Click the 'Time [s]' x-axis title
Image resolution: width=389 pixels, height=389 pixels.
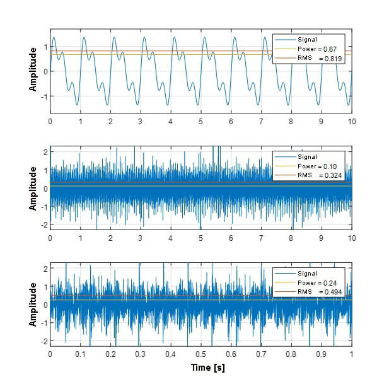207,368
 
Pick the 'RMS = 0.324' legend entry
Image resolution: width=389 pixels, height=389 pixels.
319,176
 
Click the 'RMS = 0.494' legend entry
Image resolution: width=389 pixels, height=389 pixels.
319,292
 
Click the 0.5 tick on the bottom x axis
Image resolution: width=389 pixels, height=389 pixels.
200,354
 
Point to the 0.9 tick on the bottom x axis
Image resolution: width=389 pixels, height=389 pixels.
322,354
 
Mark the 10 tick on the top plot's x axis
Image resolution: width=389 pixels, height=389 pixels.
351,121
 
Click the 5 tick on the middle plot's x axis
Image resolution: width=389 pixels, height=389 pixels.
200,238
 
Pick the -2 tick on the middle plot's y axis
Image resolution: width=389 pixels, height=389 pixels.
44,225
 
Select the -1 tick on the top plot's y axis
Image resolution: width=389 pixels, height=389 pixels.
44,96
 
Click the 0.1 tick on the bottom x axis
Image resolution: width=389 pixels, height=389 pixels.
80,354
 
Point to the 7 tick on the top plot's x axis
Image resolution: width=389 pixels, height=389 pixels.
261,121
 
